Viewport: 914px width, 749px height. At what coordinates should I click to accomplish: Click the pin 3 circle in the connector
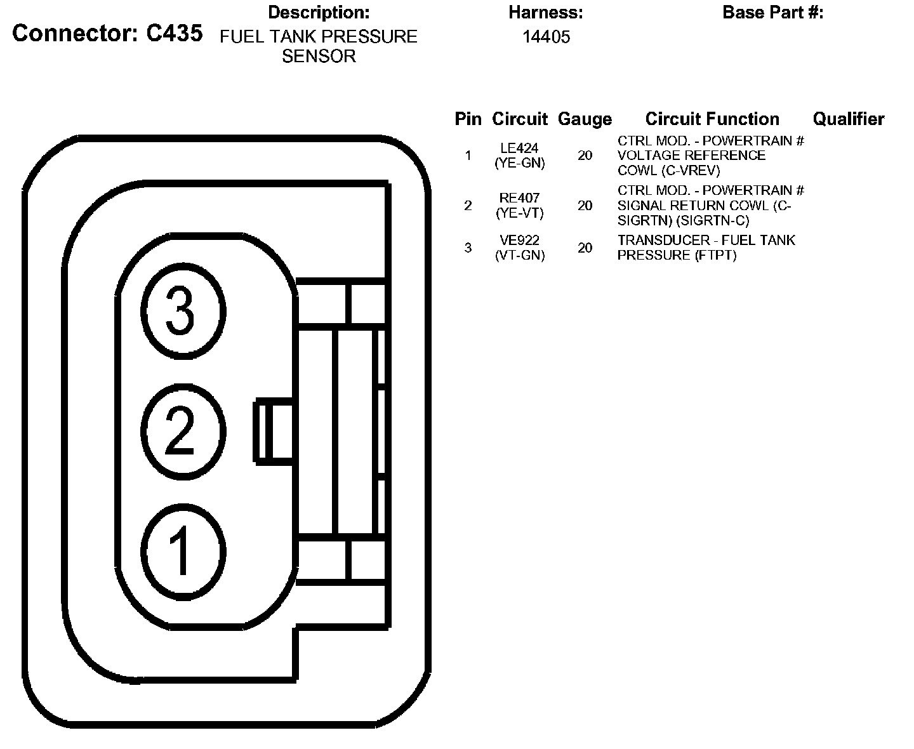click(x=183, y=311)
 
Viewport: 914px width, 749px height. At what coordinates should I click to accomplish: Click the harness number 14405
click(x=546, y=37)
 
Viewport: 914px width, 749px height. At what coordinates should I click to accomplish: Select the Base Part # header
click(x=772, y=12)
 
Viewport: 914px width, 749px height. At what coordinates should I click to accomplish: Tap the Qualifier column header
click(x=848, y=119)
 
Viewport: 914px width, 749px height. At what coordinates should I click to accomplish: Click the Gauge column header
click(x=585, y=119)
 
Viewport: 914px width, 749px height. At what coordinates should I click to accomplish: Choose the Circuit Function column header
click(x=712, y=119)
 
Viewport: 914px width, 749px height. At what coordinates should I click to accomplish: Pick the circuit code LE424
click(x=519, y=149)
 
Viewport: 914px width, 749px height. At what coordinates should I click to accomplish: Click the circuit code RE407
click(x=519, y=198)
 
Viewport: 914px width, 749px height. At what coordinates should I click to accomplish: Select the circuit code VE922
click(x=519, y=241)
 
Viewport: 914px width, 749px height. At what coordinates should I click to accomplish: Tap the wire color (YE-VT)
click(x=519, y=213)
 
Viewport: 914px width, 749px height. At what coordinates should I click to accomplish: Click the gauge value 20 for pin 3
click(x=585, y=248)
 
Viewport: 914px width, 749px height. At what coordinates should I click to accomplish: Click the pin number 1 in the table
click(x=468, y=156)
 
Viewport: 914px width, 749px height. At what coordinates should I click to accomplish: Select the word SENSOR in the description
click(x=319, y=56)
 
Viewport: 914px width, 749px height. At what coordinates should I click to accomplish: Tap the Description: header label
click(x=319, y=12)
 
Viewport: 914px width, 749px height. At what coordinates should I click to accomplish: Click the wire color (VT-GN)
click(x=519, y=256)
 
